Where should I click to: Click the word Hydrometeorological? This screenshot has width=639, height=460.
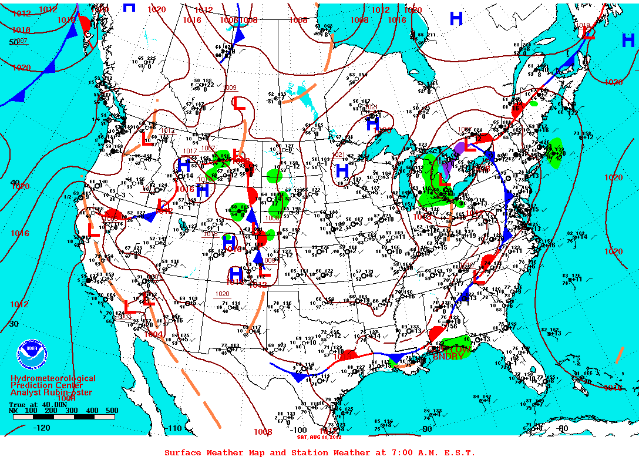point(53,379)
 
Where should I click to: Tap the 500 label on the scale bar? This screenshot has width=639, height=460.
point(112,411)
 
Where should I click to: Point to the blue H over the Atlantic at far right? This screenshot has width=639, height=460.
point(628,41)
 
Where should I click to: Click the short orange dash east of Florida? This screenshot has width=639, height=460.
point(620,354)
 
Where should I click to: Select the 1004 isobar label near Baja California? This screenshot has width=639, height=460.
point(154,334)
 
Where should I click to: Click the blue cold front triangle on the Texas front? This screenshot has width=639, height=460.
point(299,377)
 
